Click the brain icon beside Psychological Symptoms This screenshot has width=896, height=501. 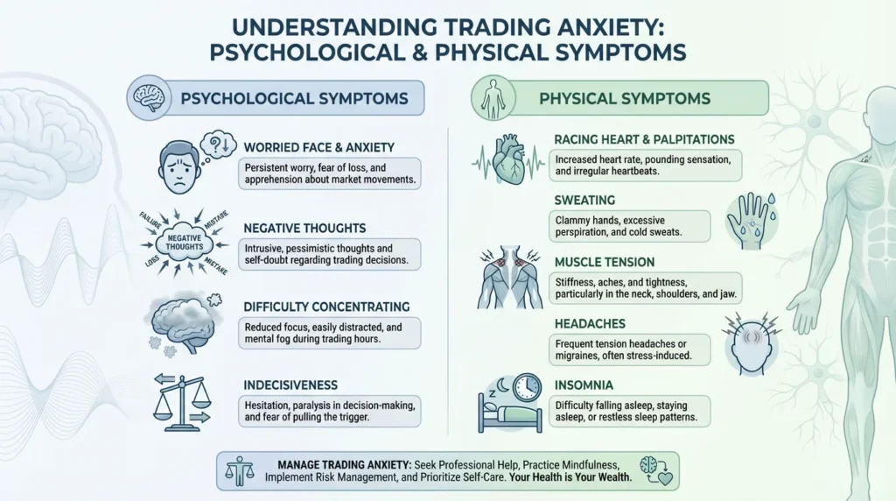click(x=149, y=98)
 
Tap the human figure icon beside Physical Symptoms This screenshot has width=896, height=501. click(x=493, y=98)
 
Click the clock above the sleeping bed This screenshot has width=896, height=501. click(x=526, y=387)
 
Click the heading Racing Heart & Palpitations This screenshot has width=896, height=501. click(x=644, y=139)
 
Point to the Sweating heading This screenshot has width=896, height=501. click(x=584, y=201)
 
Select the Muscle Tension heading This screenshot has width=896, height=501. click(x=605, y=262)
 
